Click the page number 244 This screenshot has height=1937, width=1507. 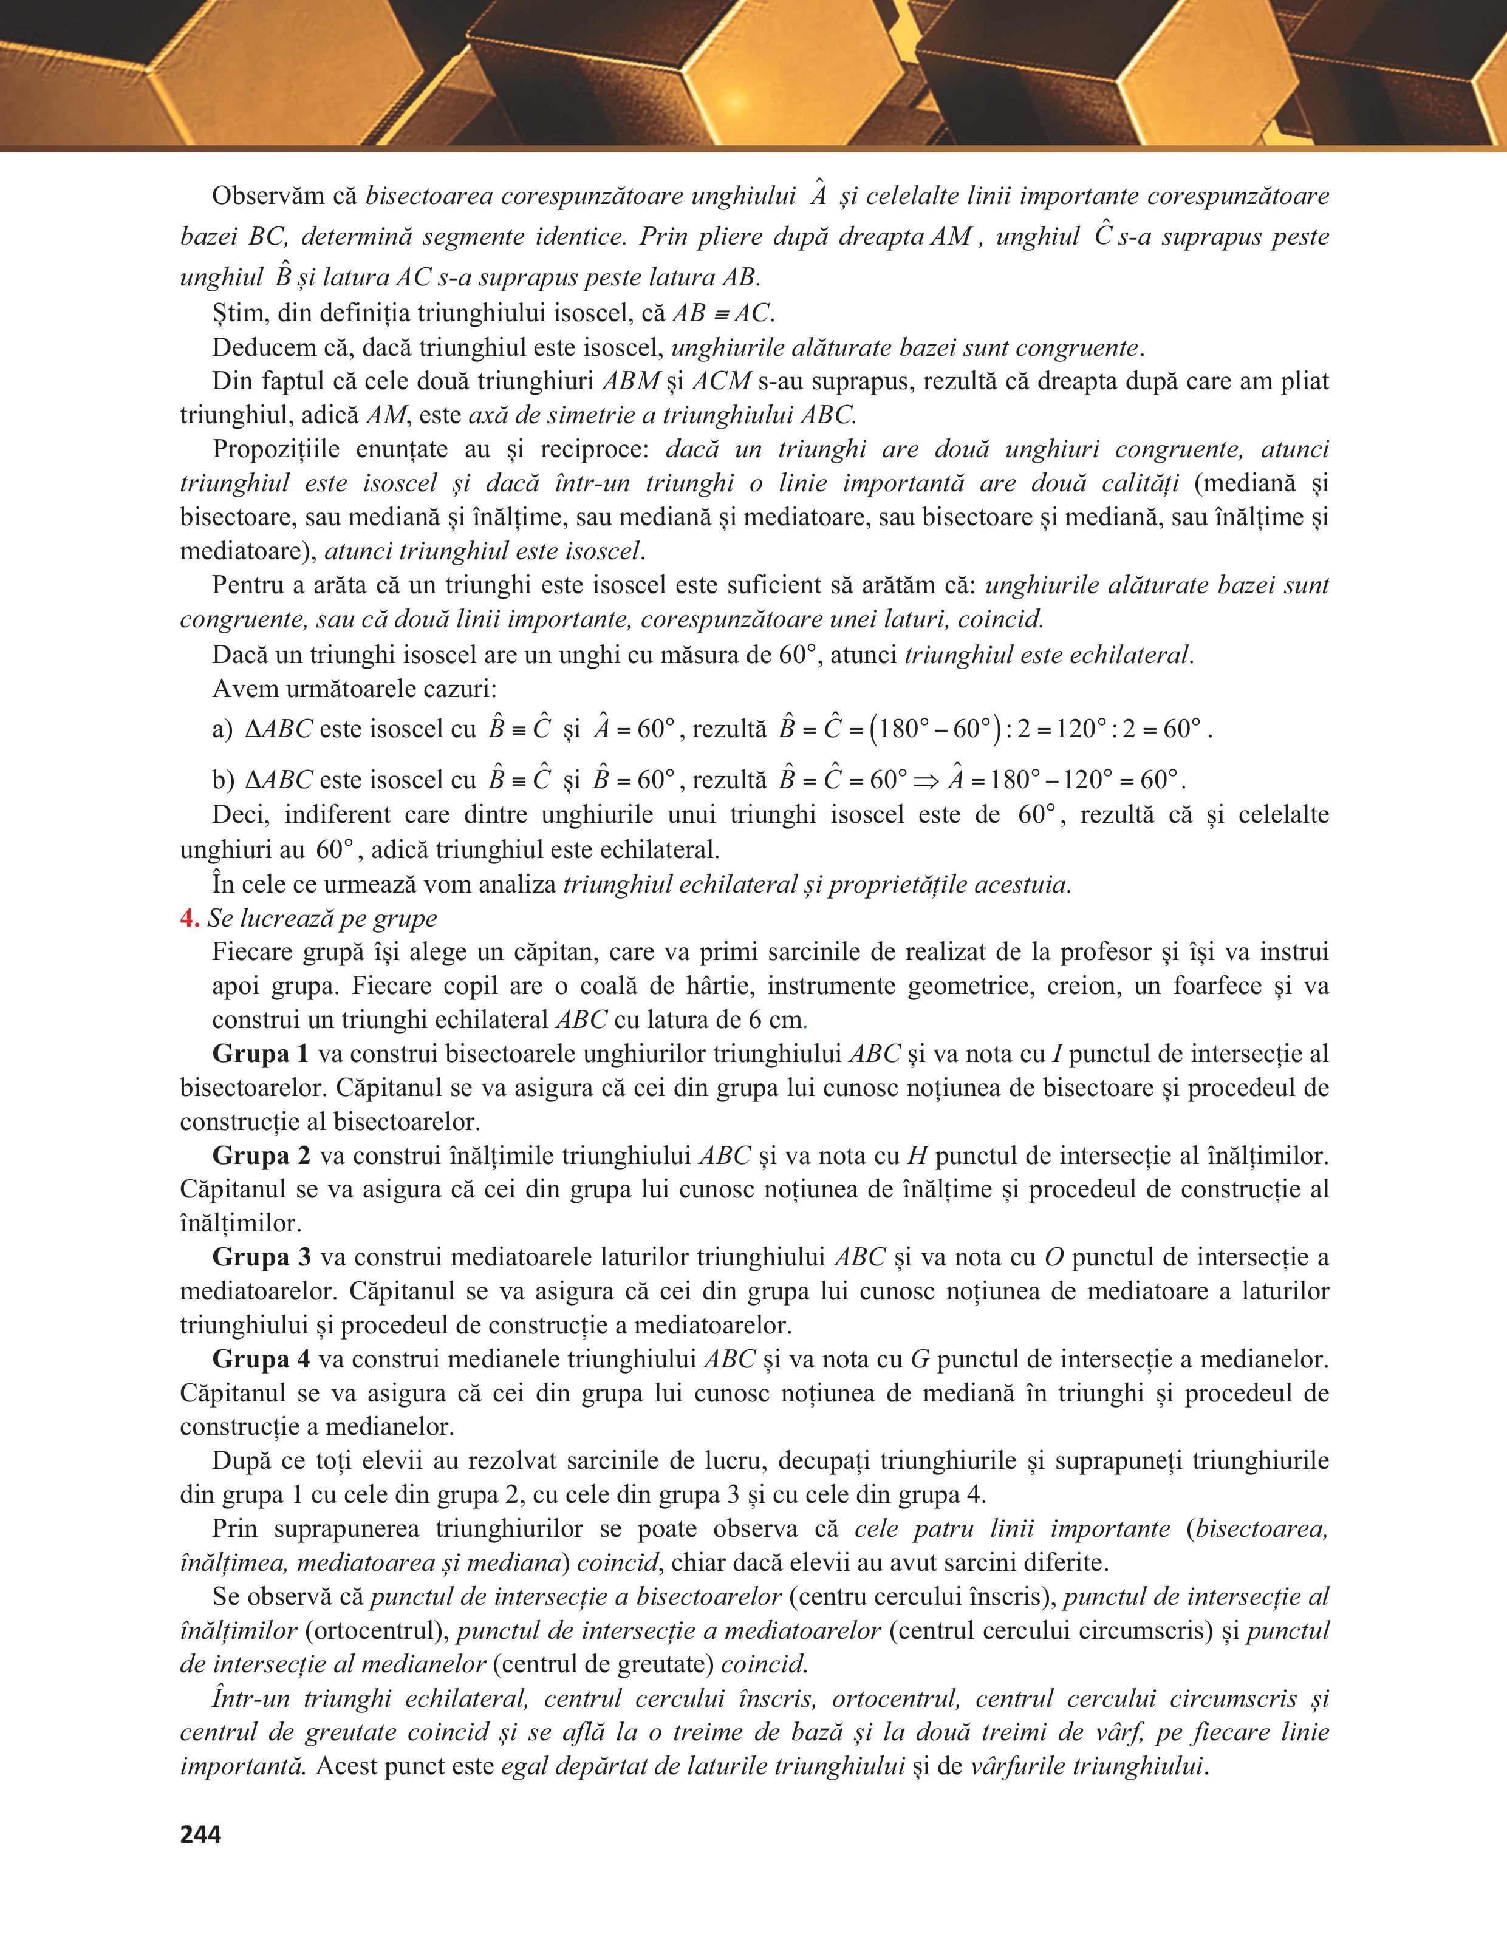pyautogui.click(x=200, y=1834)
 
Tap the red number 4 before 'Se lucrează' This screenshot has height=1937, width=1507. pyautogui.click(x=188, y=918)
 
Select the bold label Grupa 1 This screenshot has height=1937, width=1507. pyautogui.click(x=260, y=1054)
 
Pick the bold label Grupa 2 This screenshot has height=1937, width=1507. pyautogui.click(x=261, y=1156)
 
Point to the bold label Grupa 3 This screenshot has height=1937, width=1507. pyautogui.click(x=261, y=1257)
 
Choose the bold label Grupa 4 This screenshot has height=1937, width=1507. pyautogui.click(x=261, y=1359)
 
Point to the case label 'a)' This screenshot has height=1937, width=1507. pyautogui.click(x=222, y=730)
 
